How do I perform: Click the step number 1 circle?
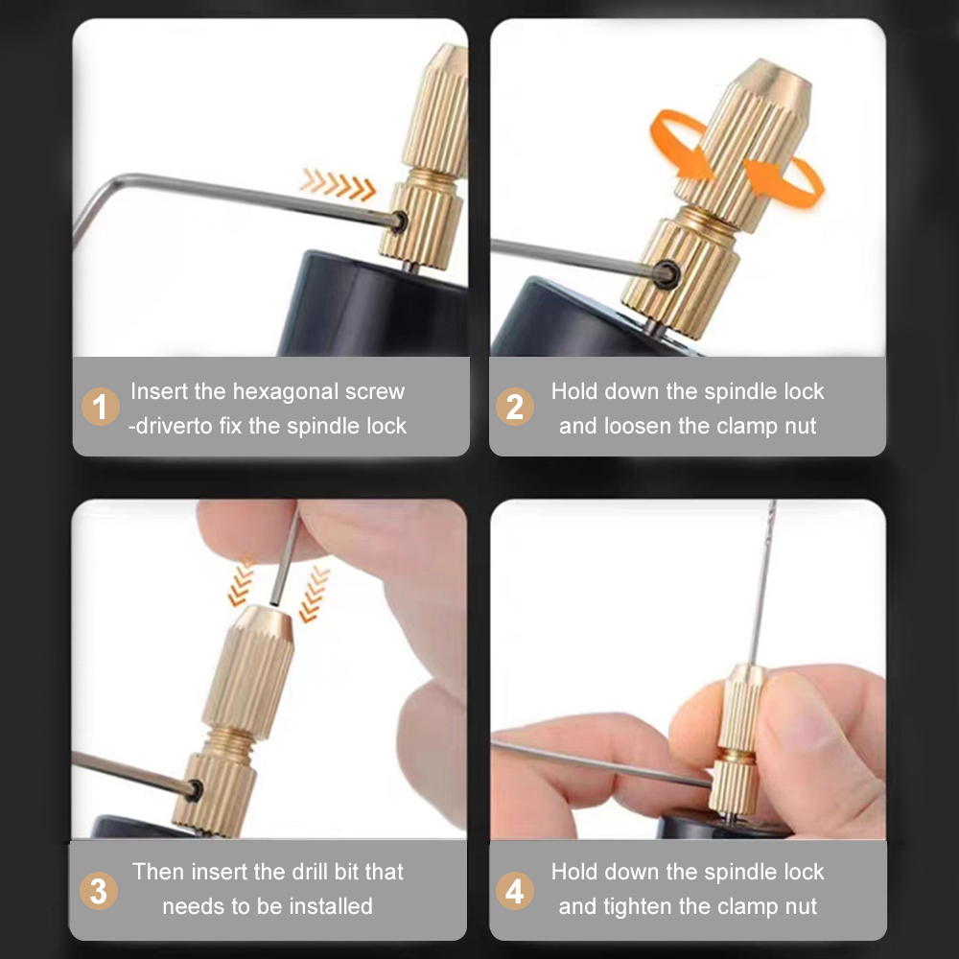[x=100, y=408]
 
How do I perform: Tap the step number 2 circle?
[x=515, y=408]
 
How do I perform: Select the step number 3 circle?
[x=99, y=890]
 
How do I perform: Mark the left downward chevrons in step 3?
[x=242, y=580]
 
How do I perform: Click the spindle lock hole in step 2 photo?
[x=663, y=272]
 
